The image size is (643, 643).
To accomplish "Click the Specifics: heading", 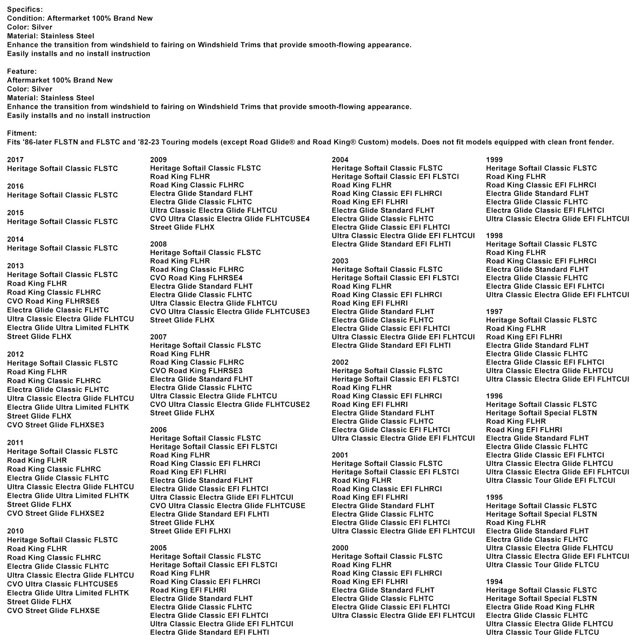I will (25, 9).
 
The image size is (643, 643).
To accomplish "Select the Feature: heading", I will (22, 71).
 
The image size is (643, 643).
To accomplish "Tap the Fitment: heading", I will (22, 133).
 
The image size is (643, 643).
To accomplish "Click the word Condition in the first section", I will (25, 18).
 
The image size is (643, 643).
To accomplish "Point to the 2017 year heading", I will (15, 160).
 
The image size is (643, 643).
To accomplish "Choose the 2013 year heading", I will (15, 266).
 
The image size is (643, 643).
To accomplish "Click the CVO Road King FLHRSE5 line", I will (53, 301).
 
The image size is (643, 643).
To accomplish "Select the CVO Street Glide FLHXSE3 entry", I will (55, 425).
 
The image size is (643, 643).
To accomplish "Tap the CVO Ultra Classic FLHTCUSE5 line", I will (62, 584).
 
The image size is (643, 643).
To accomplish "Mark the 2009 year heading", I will (158, 160).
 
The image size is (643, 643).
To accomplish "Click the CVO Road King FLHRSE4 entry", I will (196, 278).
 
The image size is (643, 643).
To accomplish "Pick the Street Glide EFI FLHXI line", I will (190, 531).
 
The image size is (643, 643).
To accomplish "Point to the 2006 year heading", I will (158, 430).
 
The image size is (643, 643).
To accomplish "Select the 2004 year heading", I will (340, 160).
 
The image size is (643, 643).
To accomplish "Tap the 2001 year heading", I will (340, 455).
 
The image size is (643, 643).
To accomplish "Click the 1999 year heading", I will (494, 160).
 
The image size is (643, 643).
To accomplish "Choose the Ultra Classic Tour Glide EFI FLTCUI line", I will (551, 480).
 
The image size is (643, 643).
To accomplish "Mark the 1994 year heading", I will (494, 582).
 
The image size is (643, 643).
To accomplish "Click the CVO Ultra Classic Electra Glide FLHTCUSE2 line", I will (230, 404).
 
